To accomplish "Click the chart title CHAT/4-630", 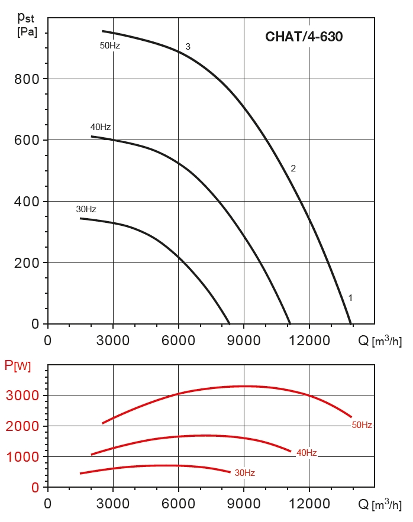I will (304, 37).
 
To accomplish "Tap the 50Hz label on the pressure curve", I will (110, 45).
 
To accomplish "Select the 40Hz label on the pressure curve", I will (101, 127).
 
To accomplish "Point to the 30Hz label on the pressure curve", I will (86, 209).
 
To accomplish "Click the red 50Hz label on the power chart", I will (362, 425).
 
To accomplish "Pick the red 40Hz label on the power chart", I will (306, 453).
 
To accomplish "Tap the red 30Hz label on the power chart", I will (244, 473).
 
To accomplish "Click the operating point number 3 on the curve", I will (188, 47).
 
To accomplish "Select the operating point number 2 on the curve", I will (293, 168).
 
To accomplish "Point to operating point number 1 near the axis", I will (351, 298).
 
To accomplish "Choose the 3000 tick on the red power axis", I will (23, 395).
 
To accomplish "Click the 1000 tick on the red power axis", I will (23, 457).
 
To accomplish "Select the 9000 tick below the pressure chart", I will (244, 341).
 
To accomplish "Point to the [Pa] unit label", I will (27, 32).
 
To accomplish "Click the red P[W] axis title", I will (18, 366).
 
